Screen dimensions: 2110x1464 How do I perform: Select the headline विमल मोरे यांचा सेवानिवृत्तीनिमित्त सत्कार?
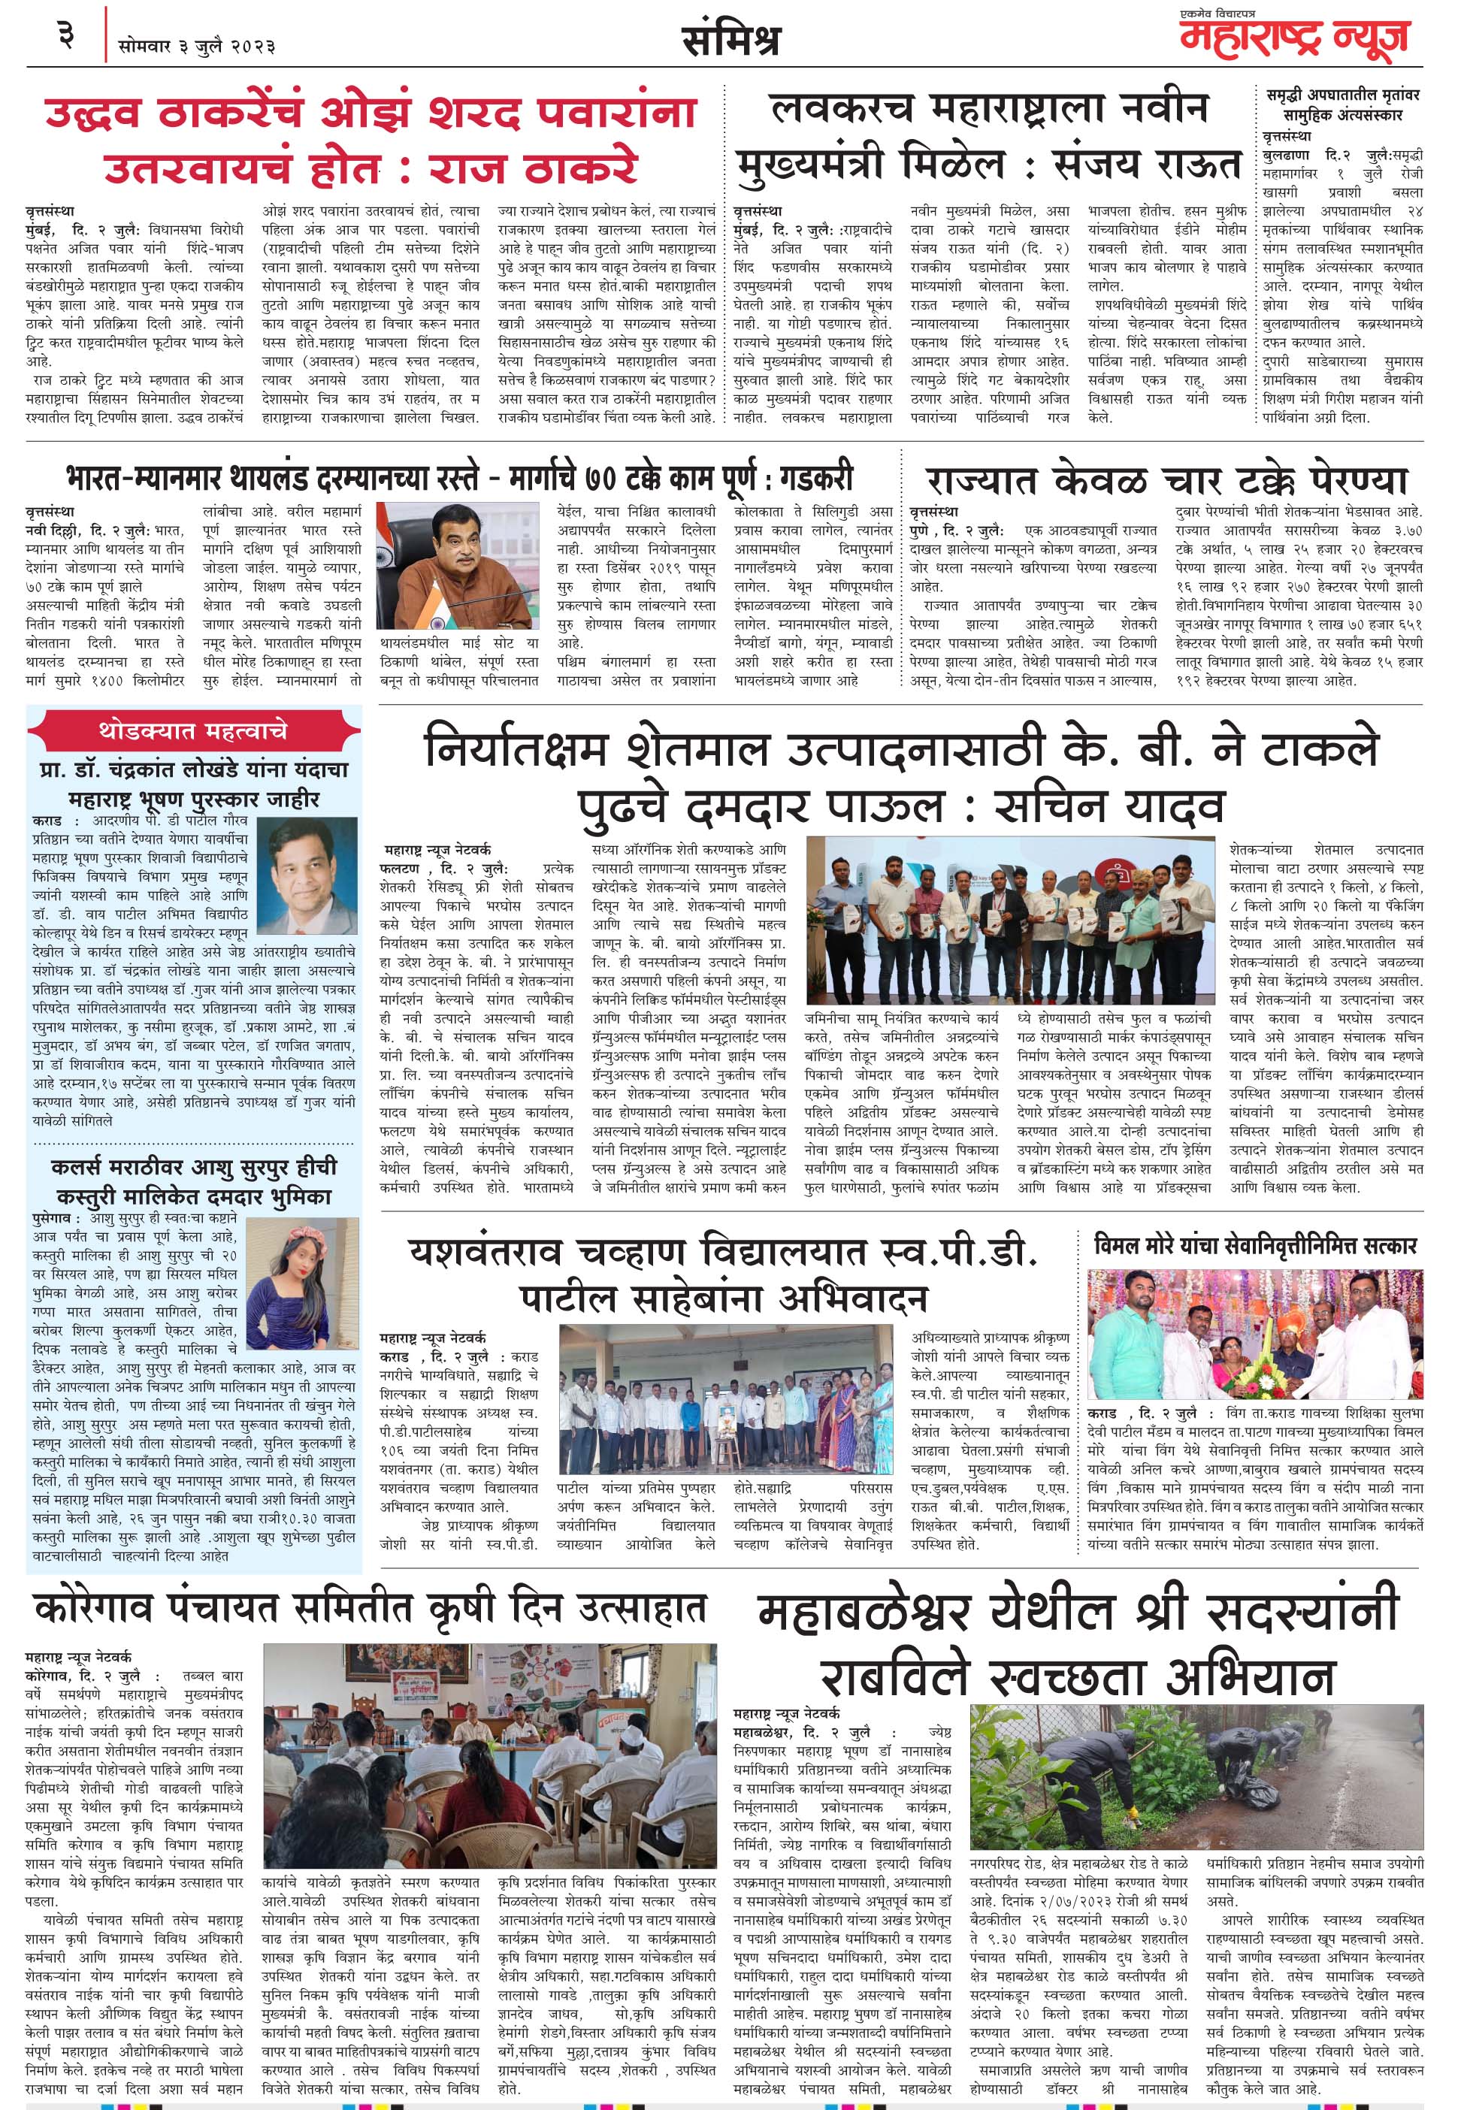[1256, 1245]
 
